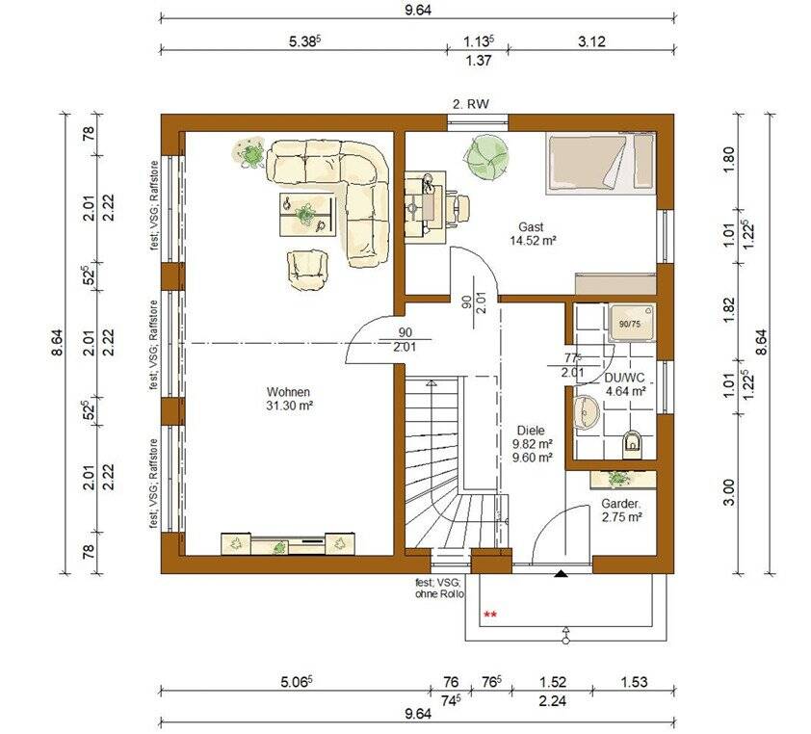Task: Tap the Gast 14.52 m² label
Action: (x=533, y=233)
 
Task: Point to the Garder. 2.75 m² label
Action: (x=621, y=510)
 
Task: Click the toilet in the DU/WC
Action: (x=632, y=442)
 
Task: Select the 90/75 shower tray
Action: (x=631, y=324)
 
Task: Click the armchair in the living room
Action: (x=308, y=270)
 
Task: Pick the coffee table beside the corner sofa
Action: (x=307, y=214)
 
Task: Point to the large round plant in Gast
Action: (x=486, y=156)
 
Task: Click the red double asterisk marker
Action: (x=490, y=615)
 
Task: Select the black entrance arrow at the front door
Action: (x=561, y=573)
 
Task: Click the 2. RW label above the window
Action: (x=471, y=104)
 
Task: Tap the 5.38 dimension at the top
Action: (x=305, y=41)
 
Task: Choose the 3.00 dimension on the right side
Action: (x=728, y=493)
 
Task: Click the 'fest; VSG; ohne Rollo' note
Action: (x=439, y=589)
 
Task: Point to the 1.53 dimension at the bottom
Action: (x=634, y=682)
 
